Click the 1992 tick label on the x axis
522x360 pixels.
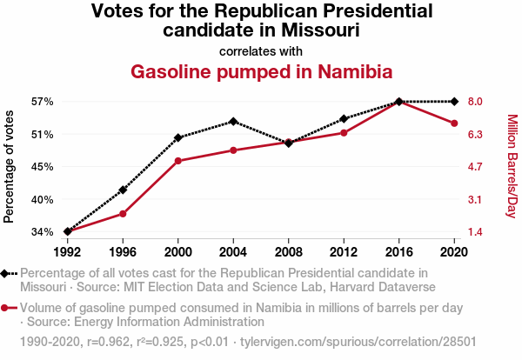68,252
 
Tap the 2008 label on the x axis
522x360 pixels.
289,252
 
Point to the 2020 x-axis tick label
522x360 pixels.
454,252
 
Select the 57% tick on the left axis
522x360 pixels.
43,102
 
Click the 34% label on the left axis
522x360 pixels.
43,232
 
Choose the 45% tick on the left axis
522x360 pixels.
43,167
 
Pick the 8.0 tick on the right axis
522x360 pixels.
474,102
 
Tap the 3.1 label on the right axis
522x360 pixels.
474,200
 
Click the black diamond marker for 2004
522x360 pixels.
233,121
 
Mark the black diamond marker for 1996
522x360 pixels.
123,190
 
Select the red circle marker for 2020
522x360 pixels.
454,123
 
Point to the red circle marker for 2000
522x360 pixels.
178,161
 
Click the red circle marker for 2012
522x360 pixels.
344,132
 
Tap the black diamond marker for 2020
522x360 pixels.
454,102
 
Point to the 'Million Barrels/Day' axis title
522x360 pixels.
512,166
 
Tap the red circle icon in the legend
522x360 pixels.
6,308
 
